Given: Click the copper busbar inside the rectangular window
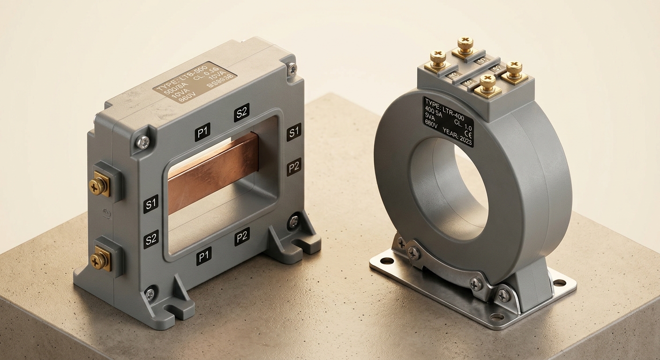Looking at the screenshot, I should pyautogui.click(x=213, y=172).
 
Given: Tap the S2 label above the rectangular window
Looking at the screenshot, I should pyautogui.click(x=241, y=112).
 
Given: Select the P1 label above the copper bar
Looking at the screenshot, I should pyautogui.click(x=202, y=132).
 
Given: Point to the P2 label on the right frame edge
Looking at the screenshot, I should pyautogui.click(x=294, y=166).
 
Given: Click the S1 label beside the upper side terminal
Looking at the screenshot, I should pyautogui.click(x=151, y=204).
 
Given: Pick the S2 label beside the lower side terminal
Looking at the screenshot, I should pyautogui.click(x=151, y=239).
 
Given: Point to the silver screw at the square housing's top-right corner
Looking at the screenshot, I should pyautogui.click(x=292, y=68).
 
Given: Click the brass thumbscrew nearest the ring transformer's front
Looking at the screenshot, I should pyautogui.click(x=487, y=84).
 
